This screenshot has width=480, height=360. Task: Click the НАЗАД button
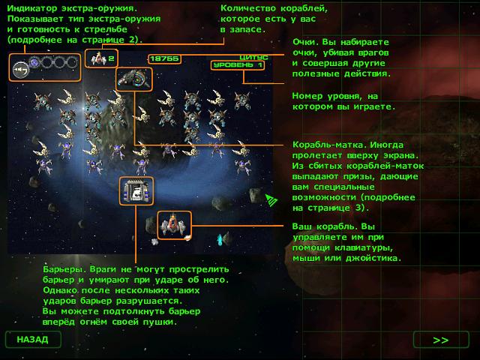tap(33, 339)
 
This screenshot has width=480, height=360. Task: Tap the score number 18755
tap(164, 58)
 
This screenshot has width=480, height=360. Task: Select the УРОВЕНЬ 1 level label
tap(238, 65)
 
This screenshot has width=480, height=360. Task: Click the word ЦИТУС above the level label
tap(253, 57)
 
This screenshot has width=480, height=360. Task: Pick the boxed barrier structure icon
tap(136, 190)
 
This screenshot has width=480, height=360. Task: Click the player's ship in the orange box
tap(174, 225)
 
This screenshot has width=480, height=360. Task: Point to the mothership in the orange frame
tap(134, 79)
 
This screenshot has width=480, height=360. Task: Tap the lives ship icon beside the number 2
tap(98, 58)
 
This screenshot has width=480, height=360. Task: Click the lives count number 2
tap(112, 58)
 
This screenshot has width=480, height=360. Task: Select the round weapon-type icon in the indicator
tap(21, 70)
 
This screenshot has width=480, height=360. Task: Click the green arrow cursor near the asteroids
tap(271, 200)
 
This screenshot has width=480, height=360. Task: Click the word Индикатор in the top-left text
tap(31, 8)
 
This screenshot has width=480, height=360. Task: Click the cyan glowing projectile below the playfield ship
tap(220, 239)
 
